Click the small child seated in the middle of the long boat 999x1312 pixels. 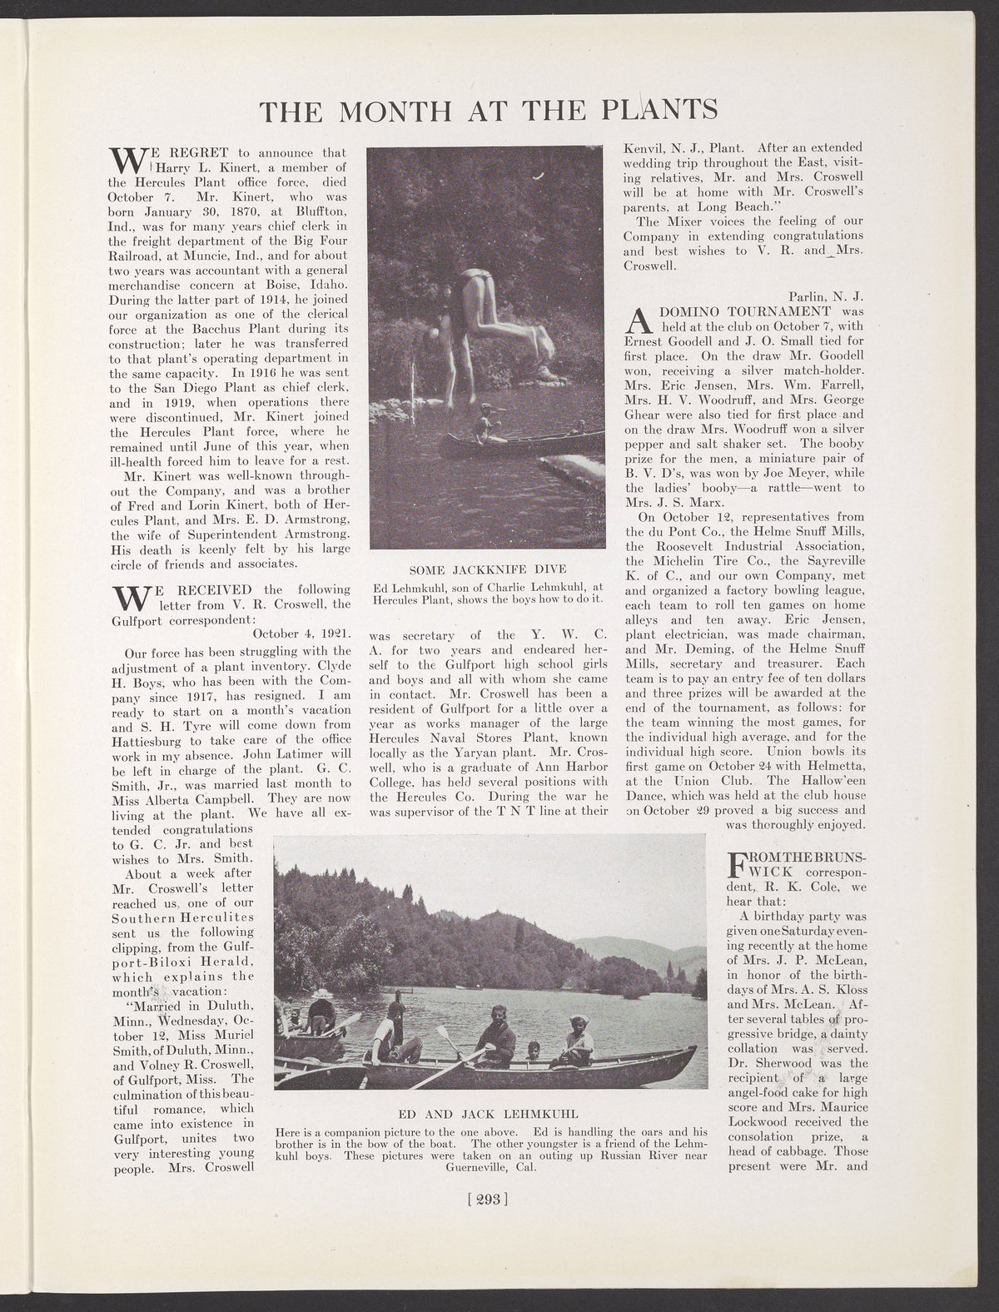534,1051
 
